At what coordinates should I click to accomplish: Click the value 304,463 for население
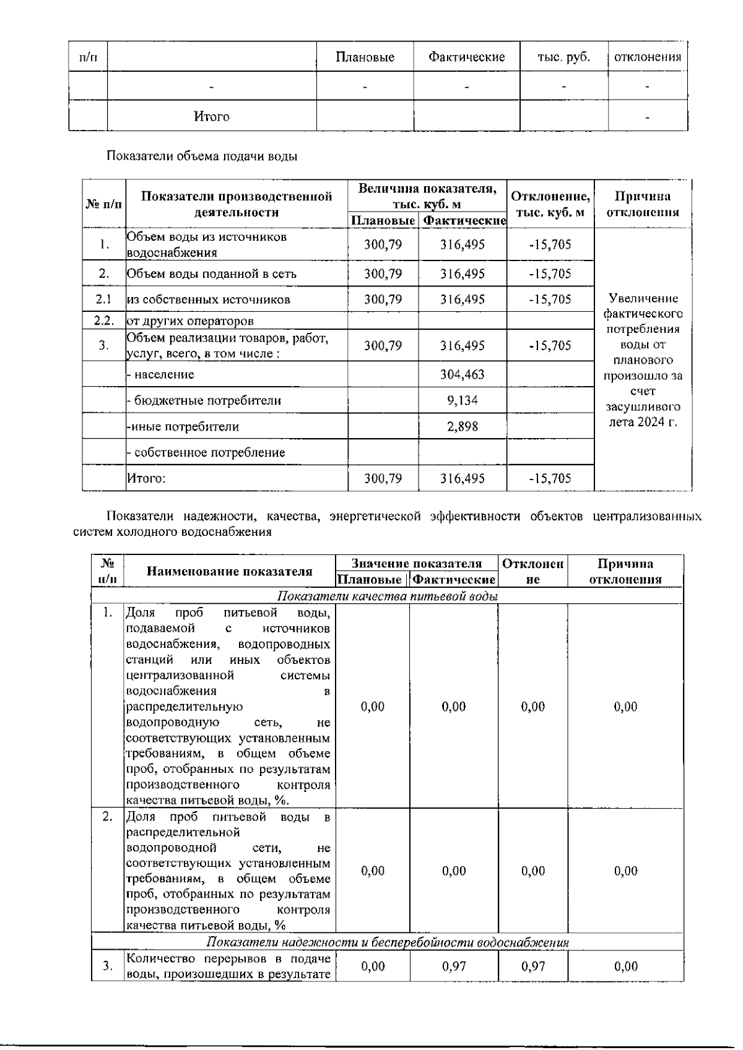click(462, 374)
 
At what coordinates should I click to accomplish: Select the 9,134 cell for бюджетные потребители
click(462, 400)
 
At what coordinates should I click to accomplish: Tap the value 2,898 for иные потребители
click(462, 426)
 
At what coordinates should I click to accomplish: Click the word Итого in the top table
click(212, 116)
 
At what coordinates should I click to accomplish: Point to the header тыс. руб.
click(563, 57)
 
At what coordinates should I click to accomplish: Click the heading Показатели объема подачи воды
click(202, 156)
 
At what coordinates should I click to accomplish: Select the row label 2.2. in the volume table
click(104, 321)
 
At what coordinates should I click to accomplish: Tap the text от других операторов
click(190, 321)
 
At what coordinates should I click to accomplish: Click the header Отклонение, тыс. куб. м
click(550, 204)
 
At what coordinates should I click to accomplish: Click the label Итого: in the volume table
click(146, 478)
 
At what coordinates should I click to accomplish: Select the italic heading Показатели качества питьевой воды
click(388, 596)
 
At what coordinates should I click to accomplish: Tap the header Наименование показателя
click(230, 571)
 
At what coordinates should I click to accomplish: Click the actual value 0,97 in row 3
click(454, 966)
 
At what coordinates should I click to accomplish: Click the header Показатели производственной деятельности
click(237, 204)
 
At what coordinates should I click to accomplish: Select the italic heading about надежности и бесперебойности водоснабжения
click(388, 942)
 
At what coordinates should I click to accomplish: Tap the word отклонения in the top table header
click(648, 57)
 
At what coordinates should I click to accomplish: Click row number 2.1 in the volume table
click(104, 299)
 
